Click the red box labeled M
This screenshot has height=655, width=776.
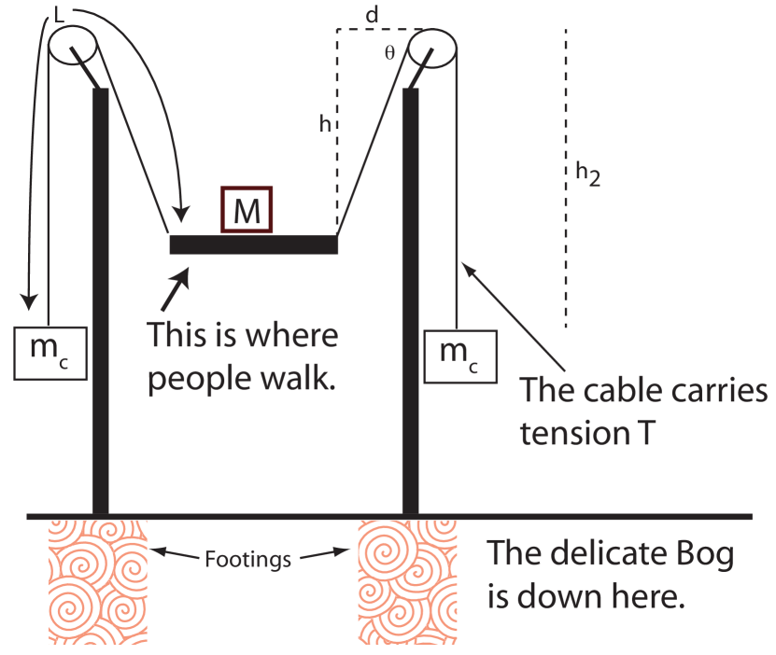(247, 210)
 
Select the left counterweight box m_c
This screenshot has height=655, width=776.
(51, 353)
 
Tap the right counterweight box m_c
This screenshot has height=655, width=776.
(460, 355)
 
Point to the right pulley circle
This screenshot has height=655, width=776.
(433, 47)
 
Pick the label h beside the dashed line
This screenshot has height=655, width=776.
(324, 124)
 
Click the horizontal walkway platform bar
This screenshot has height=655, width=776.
(253, 244)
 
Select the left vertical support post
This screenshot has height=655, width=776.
(101, 299)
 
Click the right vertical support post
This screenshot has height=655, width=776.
(408, 299)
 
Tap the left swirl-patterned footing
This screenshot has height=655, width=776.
(97, 580)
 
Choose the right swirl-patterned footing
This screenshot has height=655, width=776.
(407, 580)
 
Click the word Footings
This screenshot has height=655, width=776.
(247, 560)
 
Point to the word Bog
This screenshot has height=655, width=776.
(699, 553)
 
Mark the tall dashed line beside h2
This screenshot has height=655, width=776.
(565, 177)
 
